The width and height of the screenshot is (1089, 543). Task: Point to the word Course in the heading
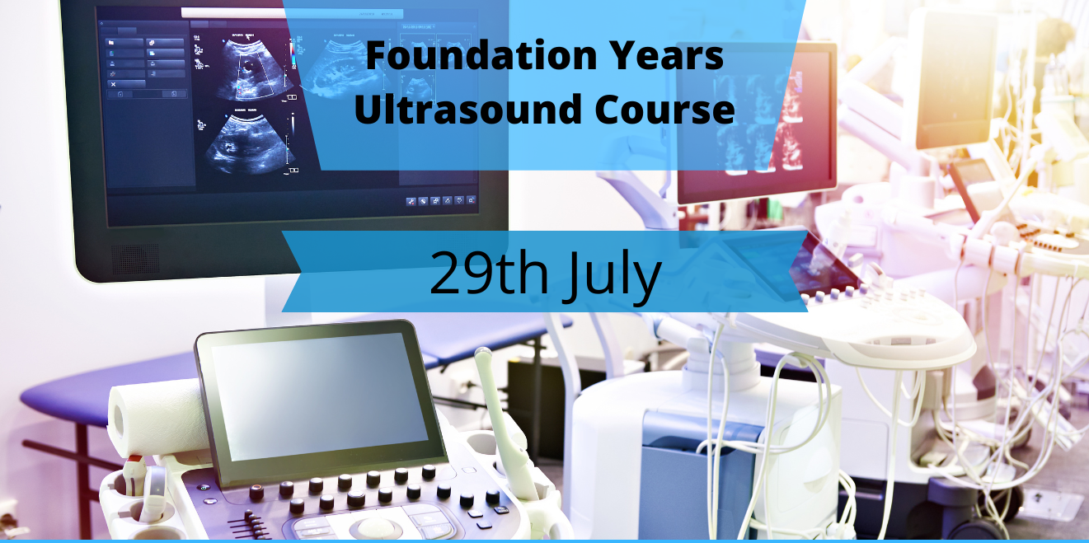[664, 109]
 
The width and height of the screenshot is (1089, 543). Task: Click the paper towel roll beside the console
[157, 418]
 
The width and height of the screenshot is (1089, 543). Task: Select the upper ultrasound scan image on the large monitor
[254, 71]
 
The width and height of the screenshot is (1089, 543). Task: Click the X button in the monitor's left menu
[113, 84]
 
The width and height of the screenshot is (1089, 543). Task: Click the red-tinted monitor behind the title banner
[756, 121]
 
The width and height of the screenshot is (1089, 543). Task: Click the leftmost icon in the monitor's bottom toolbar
[411, 202]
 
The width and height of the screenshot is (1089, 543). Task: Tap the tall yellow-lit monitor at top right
[954, 80]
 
